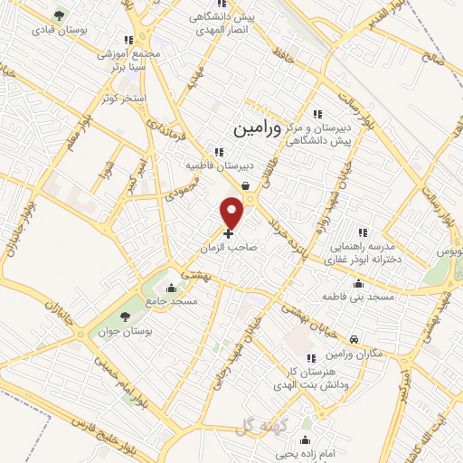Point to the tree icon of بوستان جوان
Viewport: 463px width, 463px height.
pos(124,317)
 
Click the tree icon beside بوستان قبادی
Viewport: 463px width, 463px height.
pos(60,15)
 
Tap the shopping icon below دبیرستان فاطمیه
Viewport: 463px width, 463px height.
pos(245,184)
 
